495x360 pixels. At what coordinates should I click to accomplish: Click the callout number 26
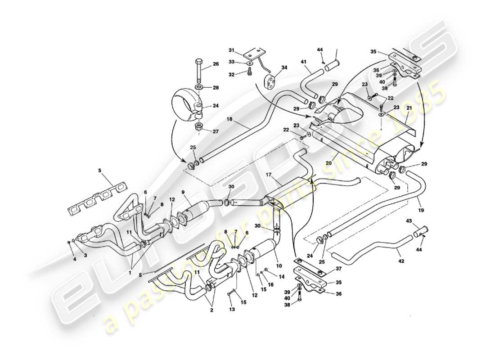tap(216, 64)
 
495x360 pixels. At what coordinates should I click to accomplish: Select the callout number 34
tap(284, 68)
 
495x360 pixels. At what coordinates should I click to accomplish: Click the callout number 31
tap(232, 50)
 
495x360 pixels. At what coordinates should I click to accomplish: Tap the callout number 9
tap(184, 193)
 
